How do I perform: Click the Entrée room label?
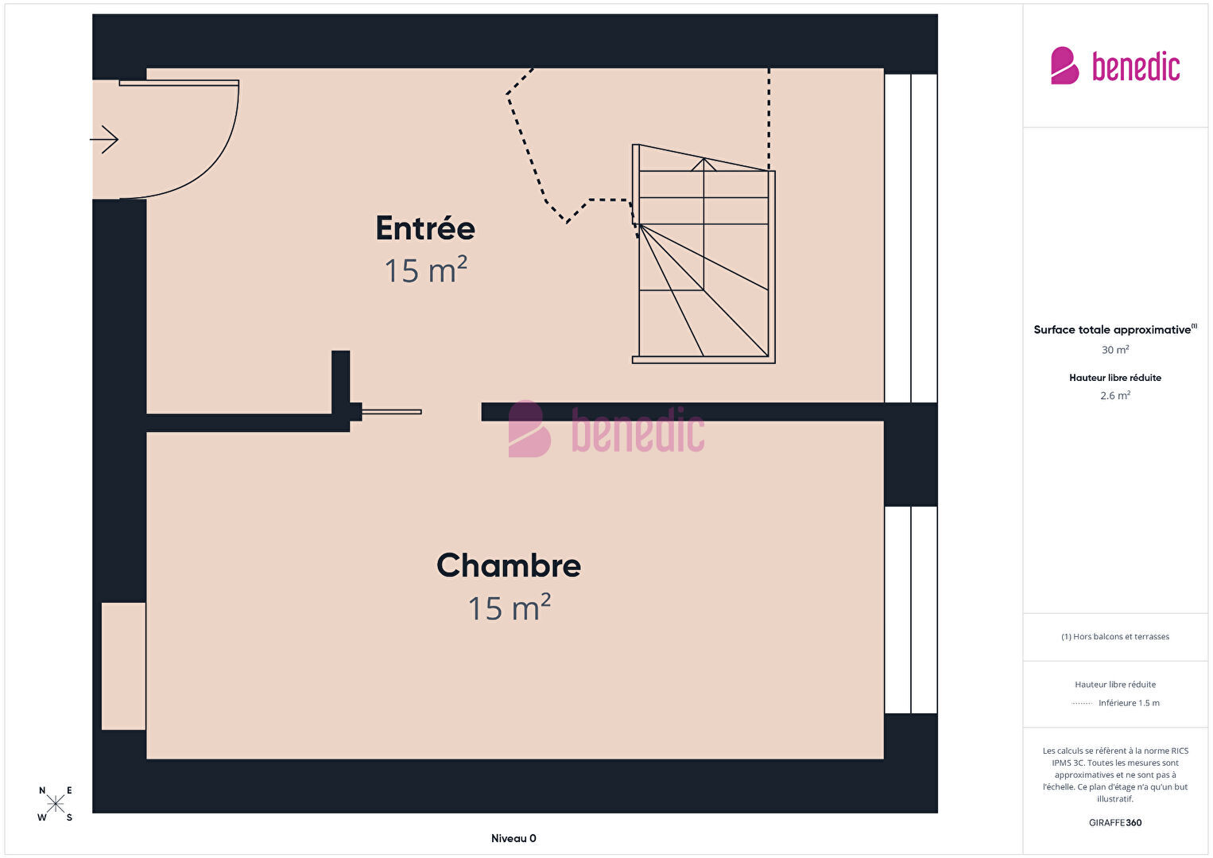pos(425,228)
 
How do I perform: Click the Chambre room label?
pos(509,565)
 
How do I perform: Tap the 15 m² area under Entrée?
pos(425,270)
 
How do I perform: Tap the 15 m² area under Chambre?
pos(509,608)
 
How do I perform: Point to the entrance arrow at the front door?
pos(104,140)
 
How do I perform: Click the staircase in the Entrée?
pos(703,254)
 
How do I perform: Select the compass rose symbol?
pos(55,803)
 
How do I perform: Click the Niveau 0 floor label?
pos(513,838)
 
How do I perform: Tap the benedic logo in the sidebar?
pos(1115,66)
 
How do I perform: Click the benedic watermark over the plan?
pos(606,429)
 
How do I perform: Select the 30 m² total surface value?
pos(1115,350)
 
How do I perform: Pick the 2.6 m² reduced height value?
pos(1115,395)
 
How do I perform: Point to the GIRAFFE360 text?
pos(1115,823)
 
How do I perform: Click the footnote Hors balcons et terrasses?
pos(1115,636)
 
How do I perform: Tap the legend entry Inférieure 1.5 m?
pos(1129,703)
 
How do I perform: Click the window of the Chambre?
pos(911,610)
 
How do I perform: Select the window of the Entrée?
pos(911,239)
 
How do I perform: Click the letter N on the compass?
pos(42,791)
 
